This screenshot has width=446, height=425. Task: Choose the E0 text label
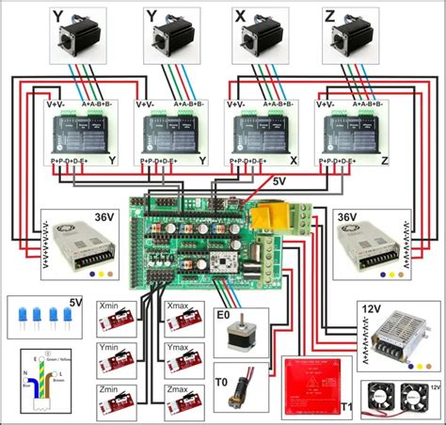pos(223,314)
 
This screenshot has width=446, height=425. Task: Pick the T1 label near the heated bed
pos(346,406)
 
